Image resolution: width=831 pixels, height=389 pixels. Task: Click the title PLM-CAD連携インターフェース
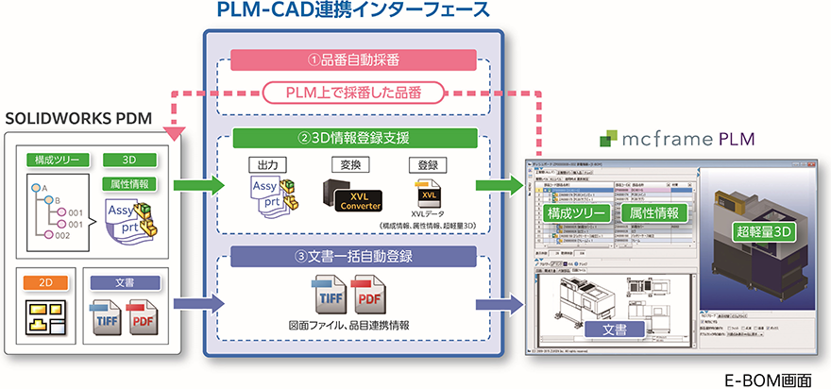tap(354, 12)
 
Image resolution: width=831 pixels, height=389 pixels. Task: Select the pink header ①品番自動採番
tap(353, 59)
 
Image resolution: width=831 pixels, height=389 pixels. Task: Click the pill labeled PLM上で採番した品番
tap(354, 93)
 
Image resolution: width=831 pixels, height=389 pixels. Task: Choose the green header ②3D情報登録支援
tap(353, 138)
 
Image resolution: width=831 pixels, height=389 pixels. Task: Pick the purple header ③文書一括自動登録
tap(353, 255)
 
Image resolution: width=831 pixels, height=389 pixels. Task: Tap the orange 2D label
tap(43, 281)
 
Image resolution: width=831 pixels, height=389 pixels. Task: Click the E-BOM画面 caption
tap(772, 378)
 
